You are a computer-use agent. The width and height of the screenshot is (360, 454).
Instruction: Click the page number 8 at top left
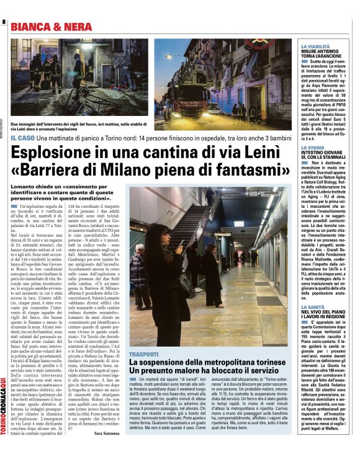tap(4, 23)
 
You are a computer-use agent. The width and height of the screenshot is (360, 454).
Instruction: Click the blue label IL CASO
tap(22, 137)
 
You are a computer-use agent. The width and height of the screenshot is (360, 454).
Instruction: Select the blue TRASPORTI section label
tap(144, 354)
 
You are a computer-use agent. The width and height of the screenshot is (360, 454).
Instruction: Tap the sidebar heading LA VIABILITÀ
tap(315, 47)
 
